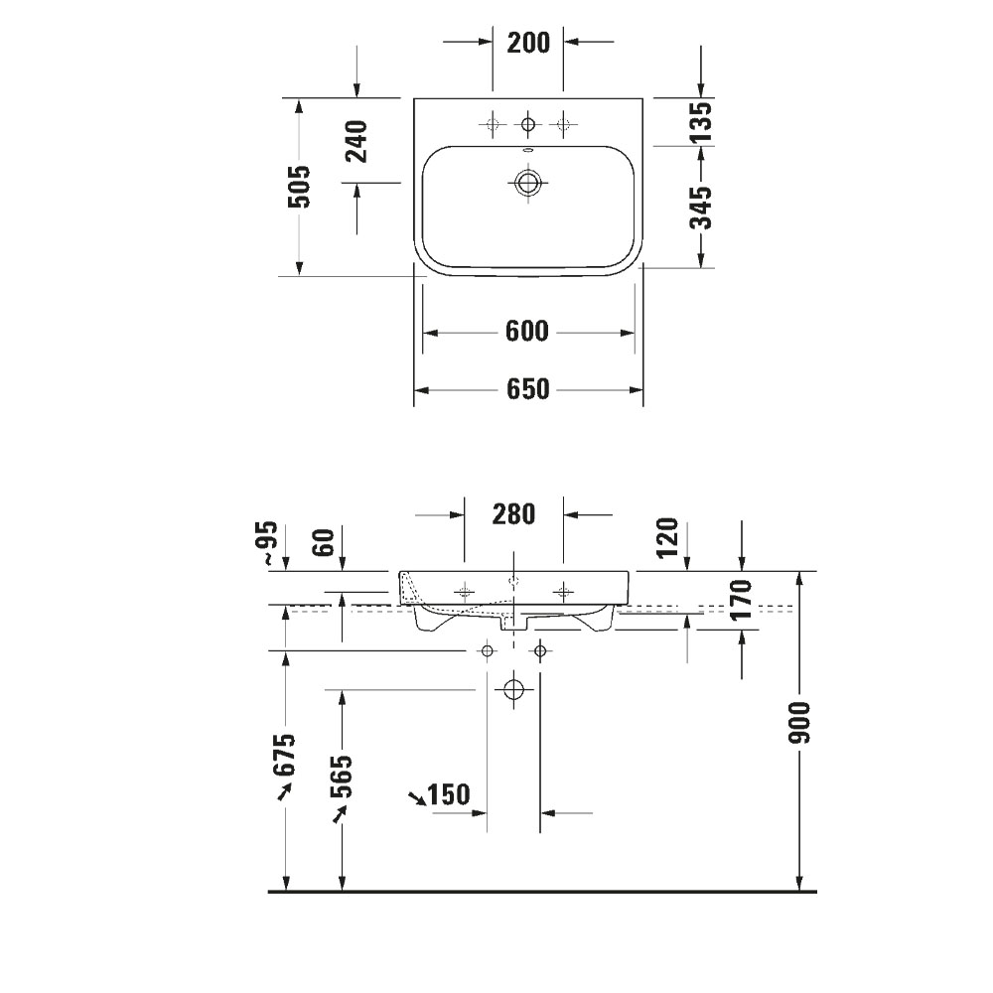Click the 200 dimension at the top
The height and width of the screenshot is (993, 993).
pyautogui.click(x=527, y=42)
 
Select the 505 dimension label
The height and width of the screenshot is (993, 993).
pyautogui.click(x=298, y=186)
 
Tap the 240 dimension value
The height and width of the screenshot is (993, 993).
pyautogui.click(x=355, y=140)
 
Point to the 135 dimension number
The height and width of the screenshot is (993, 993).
pyautogui.click(x=701, y=121)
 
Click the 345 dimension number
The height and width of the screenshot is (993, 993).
pyautogui.click(x=701, y=207)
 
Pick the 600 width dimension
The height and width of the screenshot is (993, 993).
pyautogui.click(x=526, y=332)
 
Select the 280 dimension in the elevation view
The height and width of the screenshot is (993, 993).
pyautogui.click(x=513, y=514)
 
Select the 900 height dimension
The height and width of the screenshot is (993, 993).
pyautogui.click(x=801, y=722)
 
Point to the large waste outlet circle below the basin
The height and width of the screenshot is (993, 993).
pyautogui.click(x=513, y=689)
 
